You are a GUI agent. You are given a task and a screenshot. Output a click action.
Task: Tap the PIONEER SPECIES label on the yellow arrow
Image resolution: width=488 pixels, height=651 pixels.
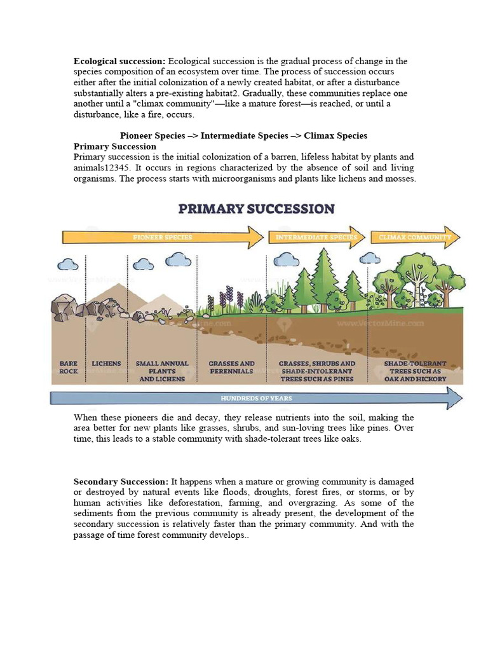tap(162, 238)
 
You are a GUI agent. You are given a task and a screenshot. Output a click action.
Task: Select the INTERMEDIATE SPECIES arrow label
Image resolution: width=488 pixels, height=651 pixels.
tap(316, 238)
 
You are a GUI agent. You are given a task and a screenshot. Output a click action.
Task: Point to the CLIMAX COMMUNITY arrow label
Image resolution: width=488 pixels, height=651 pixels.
tap(414, 238)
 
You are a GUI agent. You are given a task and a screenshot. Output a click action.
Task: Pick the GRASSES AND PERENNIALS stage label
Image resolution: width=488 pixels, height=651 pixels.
tap(231, 367)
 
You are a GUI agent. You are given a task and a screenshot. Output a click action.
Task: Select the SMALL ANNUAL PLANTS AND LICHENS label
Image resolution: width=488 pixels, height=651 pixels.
tap(162, 371)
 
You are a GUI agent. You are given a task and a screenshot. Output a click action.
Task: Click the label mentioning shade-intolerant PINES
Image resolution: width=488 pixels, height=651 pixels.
tap(317, 371)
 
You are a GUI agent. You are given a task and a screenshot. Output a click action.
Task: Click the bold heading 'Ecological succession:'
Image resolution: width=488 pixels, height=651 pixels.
tap(119, 61)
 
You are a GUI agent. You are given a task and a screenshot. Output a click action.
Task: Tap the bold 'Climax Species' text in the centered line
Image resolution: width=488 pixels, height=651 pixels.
tap(335, 135)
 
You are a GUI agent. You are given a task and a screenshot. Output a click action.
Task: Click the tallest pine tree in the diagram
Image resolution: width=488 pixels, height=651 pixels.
tap(323, 277)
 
